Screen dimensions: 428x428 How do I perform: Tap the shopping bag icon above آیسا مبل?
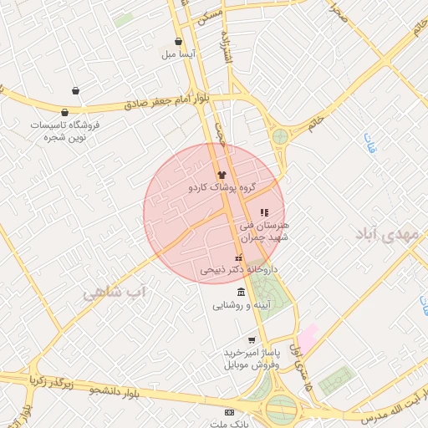(178, 42)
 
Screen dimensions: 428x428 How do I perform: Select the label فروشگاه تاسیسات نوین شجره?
(65, 130)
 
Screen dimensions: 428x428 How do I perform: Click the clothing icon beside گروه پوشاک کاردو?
(222, 173)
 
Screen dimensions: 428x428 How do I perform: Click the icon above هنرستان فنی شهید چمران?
(264, 213)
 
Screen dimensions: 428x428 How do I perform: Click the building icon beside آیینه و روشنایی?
(242, 292)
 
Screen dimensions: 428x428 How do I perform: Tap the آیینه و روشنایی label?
(241, 304)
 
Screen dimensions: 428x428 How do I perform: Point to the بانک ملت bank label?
(229, 424)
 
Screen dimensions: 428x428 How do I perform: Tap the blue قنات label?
(369, 142)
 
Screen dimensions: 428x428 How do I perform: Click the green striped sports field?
(336, 380)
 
